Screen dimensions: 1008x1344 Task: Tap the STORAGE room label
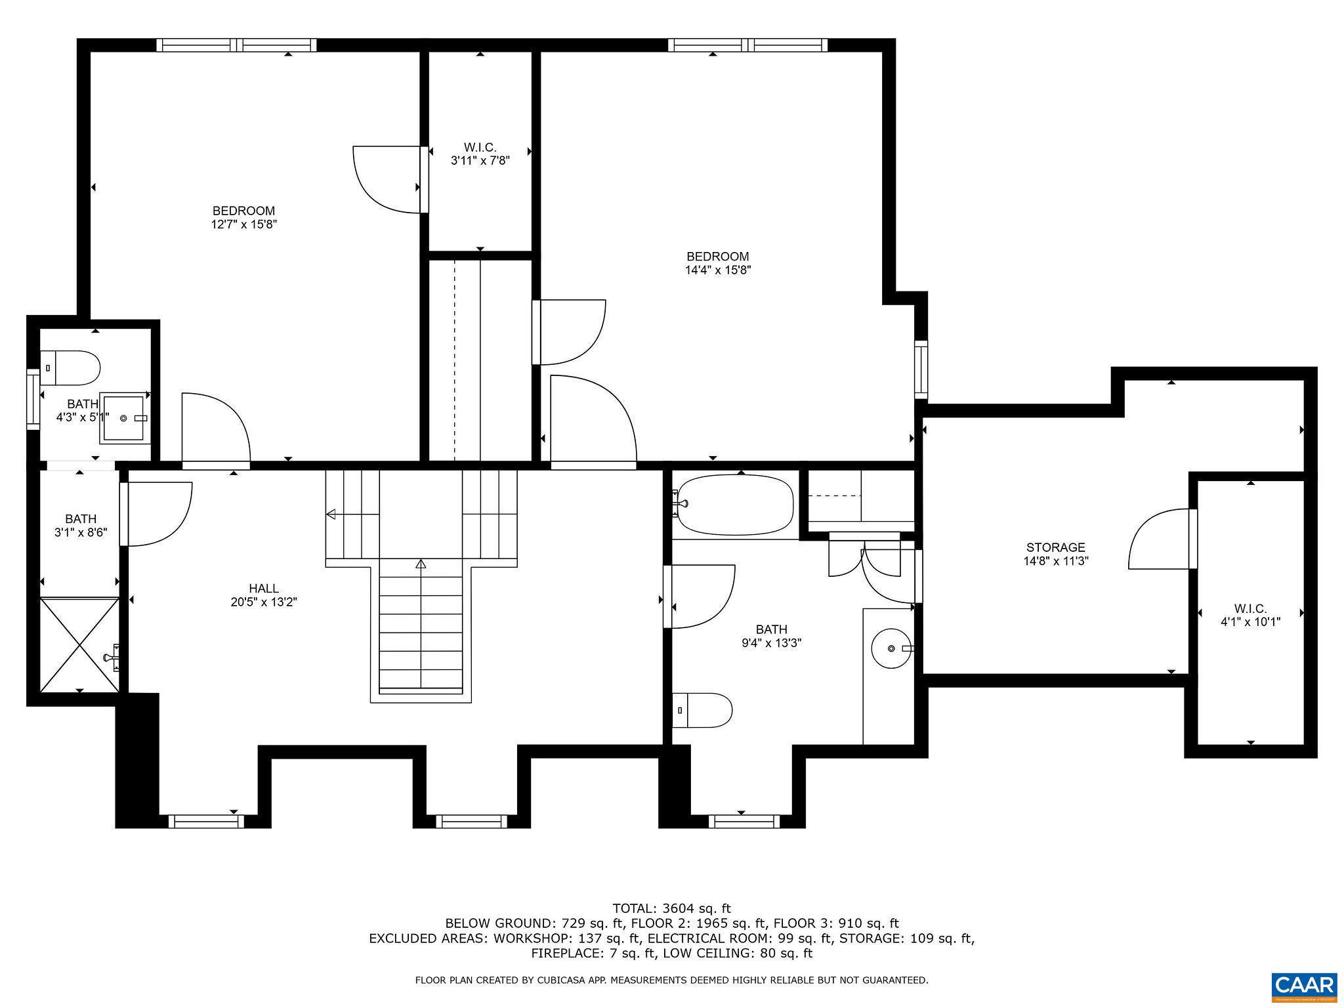click(1055, 547)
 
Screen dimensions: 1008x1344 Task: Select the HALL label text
click(263, 589)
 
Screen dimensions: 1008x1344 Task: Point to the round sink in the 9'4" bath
click(891, 648)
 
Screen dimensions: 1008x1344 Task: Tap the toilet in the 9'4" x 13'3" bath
click(702, 710)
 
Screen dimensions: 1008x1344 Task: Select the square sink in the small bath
click(123, 417)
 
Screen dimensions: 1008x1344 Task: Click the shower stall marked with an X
click(79, 644)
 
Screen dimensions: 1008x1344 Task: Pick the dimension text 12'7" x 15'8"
click(244, 224)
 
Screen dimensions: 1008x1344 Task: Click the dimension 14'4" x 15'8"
click(717, 270)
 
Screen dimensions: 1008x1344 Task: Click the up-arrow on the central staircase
click(421, 564)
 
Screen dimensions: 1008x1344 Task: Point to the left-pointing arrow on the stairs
click(331, 514)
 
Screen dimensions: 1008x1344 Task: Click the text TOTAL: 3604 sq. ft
click(671, 908)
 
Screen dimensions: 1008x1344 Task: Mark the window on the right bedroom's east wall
click(921, 369)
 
